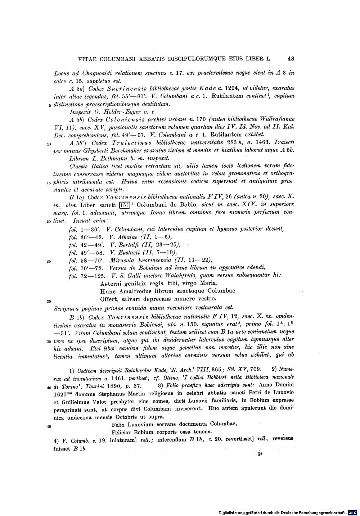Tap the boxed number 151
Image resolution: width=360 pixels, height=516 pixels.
tap(124, 205)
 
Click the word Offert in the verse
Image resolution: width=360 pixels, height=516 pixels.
tap(109, 299)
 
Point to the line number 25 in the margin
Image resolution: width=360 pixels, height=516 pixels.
tap(49, 261)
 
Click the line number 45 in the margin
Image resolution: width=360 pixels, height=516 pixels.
tap(49, 426)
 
